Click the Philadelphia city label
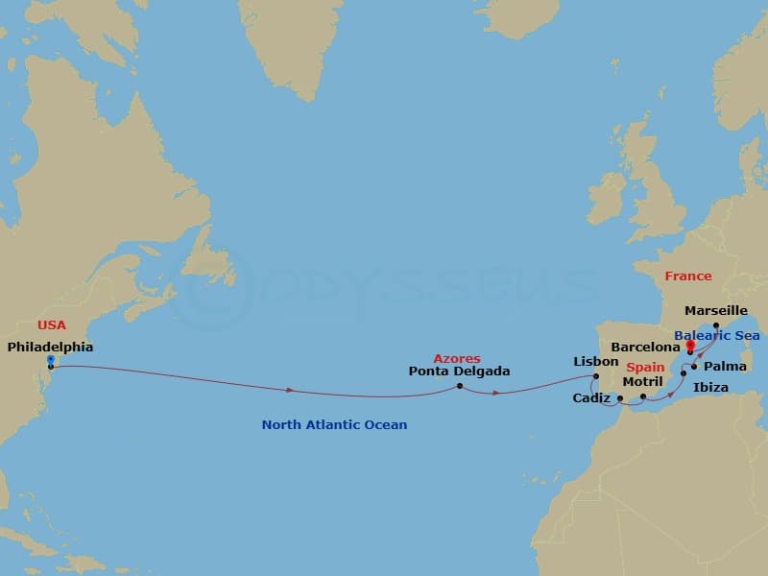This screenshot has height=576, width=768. coord(50,347)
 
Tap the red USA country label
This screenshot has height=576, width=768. coord(52,325)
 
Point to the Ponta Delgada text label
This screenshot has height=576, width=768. coord(459,371)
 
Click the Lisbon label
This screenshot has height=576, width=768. coord(595,361)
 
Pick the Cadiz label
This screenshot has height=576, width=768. coord(591,397)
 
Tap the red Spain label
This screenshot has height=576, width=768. coord(645,368)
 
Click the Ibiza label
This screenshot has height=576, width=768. coord(710,387)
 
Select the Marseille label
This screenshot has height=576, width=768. coord(716,311)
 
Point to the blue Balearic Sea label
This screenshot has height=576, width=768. coord(716,336)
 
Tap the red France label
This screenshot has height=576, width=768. coord(688,276)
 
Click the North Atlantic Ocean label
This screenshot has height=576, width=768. coord(334,424)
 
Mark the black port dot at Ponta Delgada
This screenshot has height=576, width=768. coord(460,386)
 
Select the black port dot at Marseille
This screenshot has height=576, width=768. coord(716,324)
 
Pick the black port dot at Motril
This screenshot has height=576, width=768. coord(643,396)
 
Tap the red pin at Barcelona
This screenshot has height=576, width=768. coord(689,346)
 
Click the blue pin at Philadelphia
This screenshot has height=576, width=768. coord(50,360)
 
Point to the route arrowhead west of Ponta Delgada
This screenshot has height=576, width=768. coord(291,390)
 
